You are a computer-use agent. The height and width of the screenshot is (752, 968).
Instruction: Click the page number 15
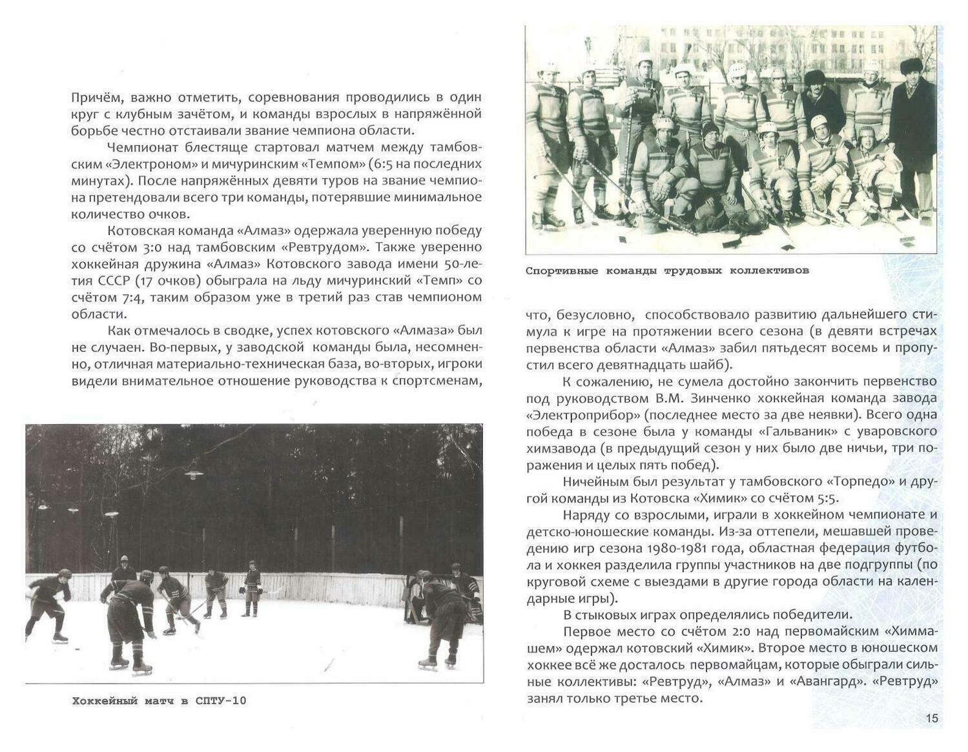click(932, 718)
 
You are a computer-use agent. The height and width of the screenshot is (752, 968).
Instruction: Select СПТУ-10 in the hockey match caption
click(221, 700)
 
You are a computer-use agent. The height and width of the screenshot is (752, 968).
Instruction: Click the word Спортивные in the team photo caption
click(561, 270)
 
